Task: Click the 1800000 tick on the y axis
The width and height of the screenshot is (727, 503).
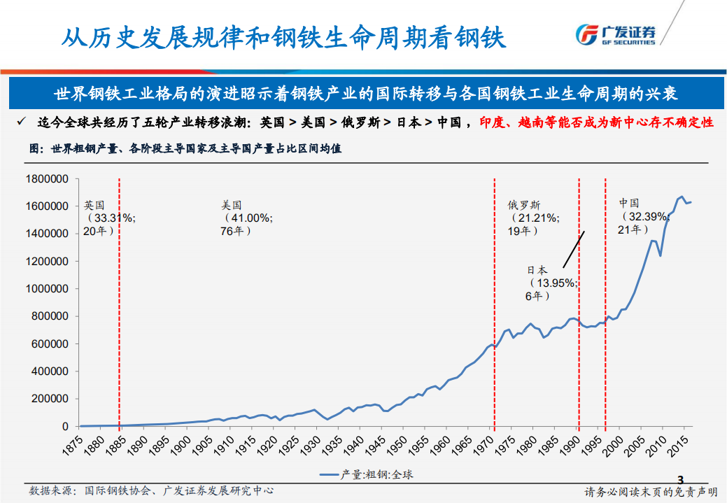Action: point(46,179)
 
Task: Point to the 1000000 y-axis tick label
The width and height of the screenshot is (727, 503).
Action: point(46,289)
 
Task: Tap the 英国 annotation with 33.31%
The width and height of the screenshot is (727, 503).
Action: point(108,218)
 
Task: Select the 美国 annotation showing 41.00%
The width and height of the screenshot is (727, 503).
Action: point(246,218)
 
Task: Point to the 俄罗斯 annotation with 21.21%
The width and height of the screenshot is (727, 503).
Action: point(533,218)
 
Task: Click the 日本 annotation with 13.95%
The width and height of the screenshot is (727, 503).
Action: point(551,283)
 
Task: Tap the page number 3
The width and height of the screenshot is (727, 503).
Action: point(679,479)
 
